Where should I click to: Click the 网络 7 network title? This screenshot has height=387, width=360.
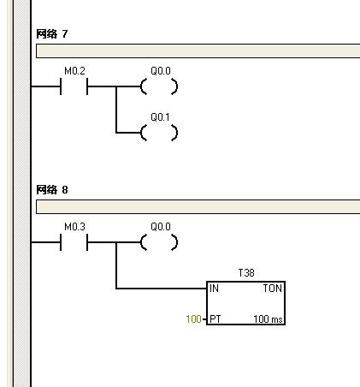pyautogui.click(x=52, y=34)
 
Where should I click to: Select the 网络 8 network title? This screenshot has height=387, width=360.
pyautogui.click(x=52, y=190)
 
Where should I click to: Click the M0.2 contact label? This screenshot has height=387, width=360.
pyautogui.click(x=74, y=71)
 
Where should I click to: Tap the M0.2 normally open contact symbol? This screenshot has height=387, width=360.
pyautogui.click(x=74, y=86)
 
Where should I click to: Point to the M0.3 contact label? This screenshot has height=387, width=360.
pyautogui.click(x=74, y=227)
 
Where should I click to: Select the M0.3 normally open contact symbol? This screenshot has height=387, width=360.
pyautogui.click(x=74, y=242)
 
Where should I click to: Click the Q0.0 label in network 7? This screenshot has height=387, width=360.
pyautogui.click(x=161, y=71)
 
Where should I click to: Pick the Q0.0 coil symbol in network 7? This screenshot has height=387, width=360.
pyautogui.click(x=159, y=86)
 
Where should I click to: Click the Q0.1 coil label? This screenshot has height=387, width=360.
pyautogui.click(x=160, y=117)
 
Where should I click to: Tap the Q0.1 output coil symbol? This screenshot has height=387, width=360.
pyautogui.click(x=159, y=133)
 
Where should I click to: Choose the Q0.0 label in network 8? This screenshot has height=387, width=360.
pyautogui.click(x=161, y=227)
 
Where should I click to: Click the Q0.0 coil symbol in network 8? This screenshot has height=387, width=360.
pyautogui.click(x=159, y=242)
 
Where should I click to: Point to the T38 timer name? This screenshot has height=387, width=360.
pyautogui.click(x=246, y=273)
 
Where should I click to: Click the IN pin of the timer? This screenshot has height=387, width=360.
pyautogui.click(x=214, y=289)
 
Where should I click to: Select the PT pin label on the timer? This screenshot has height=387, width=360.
pyautogui.click(x=215, y=319)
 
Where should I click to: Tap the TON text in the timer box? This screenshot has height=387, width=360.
pyautogui.click(x=273, y=289)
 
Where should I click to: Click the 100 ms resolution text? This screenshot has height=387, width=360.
pyautogui.click(x=268, y=319)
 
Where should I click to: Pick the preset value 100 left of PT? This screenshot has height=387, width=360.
pyautogui.click(x=193, y=319)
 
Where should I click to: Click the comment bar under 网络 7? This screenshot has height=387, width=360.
pyautogui.click(x=198, y=51)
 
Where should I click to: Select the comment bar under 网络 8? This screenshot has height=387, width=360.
pyautogui.click(x=198, y=207)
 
